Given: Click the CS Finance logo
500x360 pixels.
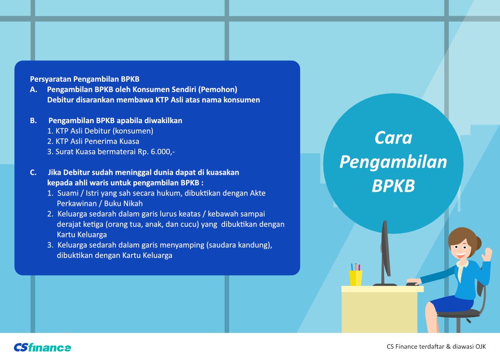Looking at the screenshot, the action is [x=42, y=347].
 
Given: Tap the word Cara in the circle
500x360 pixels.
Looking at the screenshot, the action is [x=393, y=138].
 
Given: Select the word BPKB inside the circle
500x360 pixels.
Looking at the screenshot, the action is [x=393, y=186].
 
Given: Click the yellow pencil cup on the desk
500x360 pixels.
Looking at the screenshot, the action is [x=355, y=278].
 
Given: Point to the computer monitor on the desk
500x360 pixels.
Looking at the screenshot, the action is [x=385, y=252].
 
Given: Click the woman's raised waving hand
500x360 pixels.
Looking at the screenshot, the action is [x=487, y=254].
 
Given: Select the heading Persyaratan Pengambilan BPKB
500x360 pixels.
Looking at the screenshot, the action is [x=84, y=79].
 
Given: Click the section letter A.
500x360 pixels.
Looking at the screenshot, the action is [x=34, y=90].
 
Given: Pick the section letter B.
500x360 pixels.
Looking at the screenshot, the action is [x=34, y=120].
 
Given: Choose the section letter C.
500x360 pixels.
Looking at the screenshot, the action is [x=34, y=173].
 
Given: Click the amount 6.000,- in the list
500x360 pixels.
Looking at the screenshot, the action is [x=163, y=151].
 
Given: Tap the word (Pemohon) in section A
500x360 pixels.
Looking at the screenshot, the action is [x=218, y=90].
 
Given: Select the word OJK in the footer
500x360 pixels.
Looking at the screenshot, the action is [x=481, y=347].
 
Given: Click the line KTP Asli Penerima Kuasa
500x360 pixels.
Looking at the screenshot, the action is [x=93, y=142].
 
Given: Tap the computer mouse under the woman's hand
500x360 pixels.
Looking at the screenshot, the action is [x=412, y=284].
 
